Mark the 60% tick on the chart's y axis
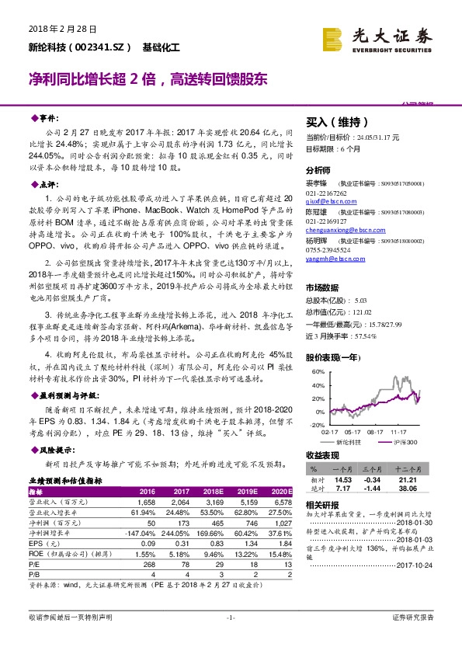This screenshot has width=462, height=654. [318, 371]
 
